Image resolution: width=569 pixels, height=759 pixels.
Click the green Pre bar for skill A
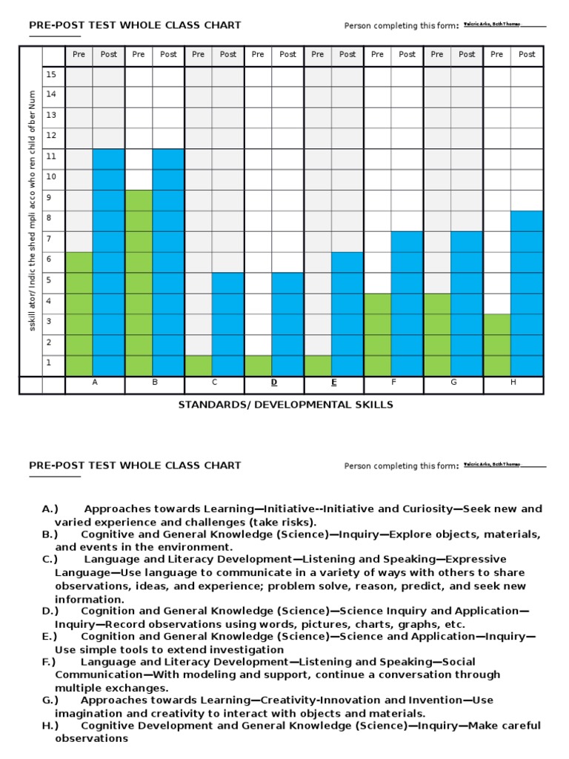point(79,314)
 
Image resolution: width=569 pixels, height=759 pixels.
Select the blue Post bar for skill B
point(169,262)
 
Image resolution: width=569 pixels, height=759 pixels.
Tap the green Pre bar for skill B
point(139,282)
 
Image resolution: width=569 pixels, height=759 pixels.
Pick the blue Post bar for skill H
point(527,293)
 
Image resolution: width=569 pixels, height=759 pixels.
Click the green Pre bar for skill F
point(377,334)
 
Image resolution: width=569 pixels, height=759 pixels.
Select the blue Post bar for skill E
point(347,314)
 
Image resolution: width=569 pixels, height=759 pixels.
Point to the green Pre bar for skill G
point(437,334)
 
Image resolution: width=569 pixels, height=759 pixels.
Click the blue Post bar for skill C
point(228,324)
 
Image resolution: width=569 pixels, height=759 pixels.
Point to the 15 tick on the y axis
point(51,74)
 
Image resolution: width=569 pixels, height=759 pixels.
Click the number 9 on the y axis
point(51,198)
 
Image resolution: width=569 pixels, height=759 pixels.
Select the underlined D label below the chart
point(273,382)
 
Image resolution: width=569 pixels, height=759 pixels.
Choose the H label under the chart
point(512,382)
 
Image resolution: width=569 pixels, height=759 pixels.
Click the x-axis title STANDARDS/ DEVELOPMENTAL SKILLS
point(285,405)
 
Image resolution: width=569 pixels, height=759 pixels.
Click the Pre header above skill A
point(79,54)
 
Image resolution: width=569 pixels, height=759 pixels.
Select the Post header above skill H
point(527,54)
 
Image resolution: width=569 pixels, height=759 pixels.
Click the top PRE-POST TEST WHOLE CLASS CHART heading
point(135,25)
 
